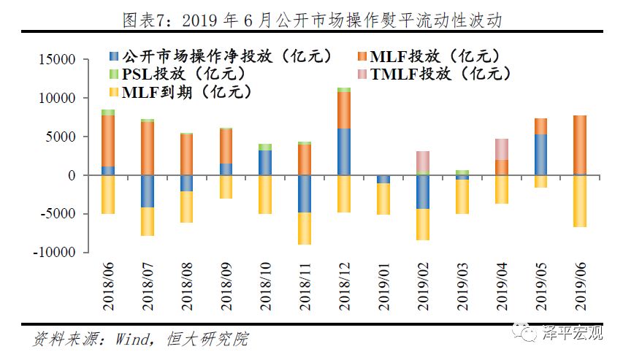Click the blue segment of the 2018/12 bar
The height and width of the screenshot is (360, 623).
point(344,152)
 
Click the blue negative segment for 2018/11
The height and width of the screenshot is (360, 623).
point(305,194)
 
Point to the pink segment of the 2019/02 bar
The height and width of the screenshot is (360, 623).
point(421,161)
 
